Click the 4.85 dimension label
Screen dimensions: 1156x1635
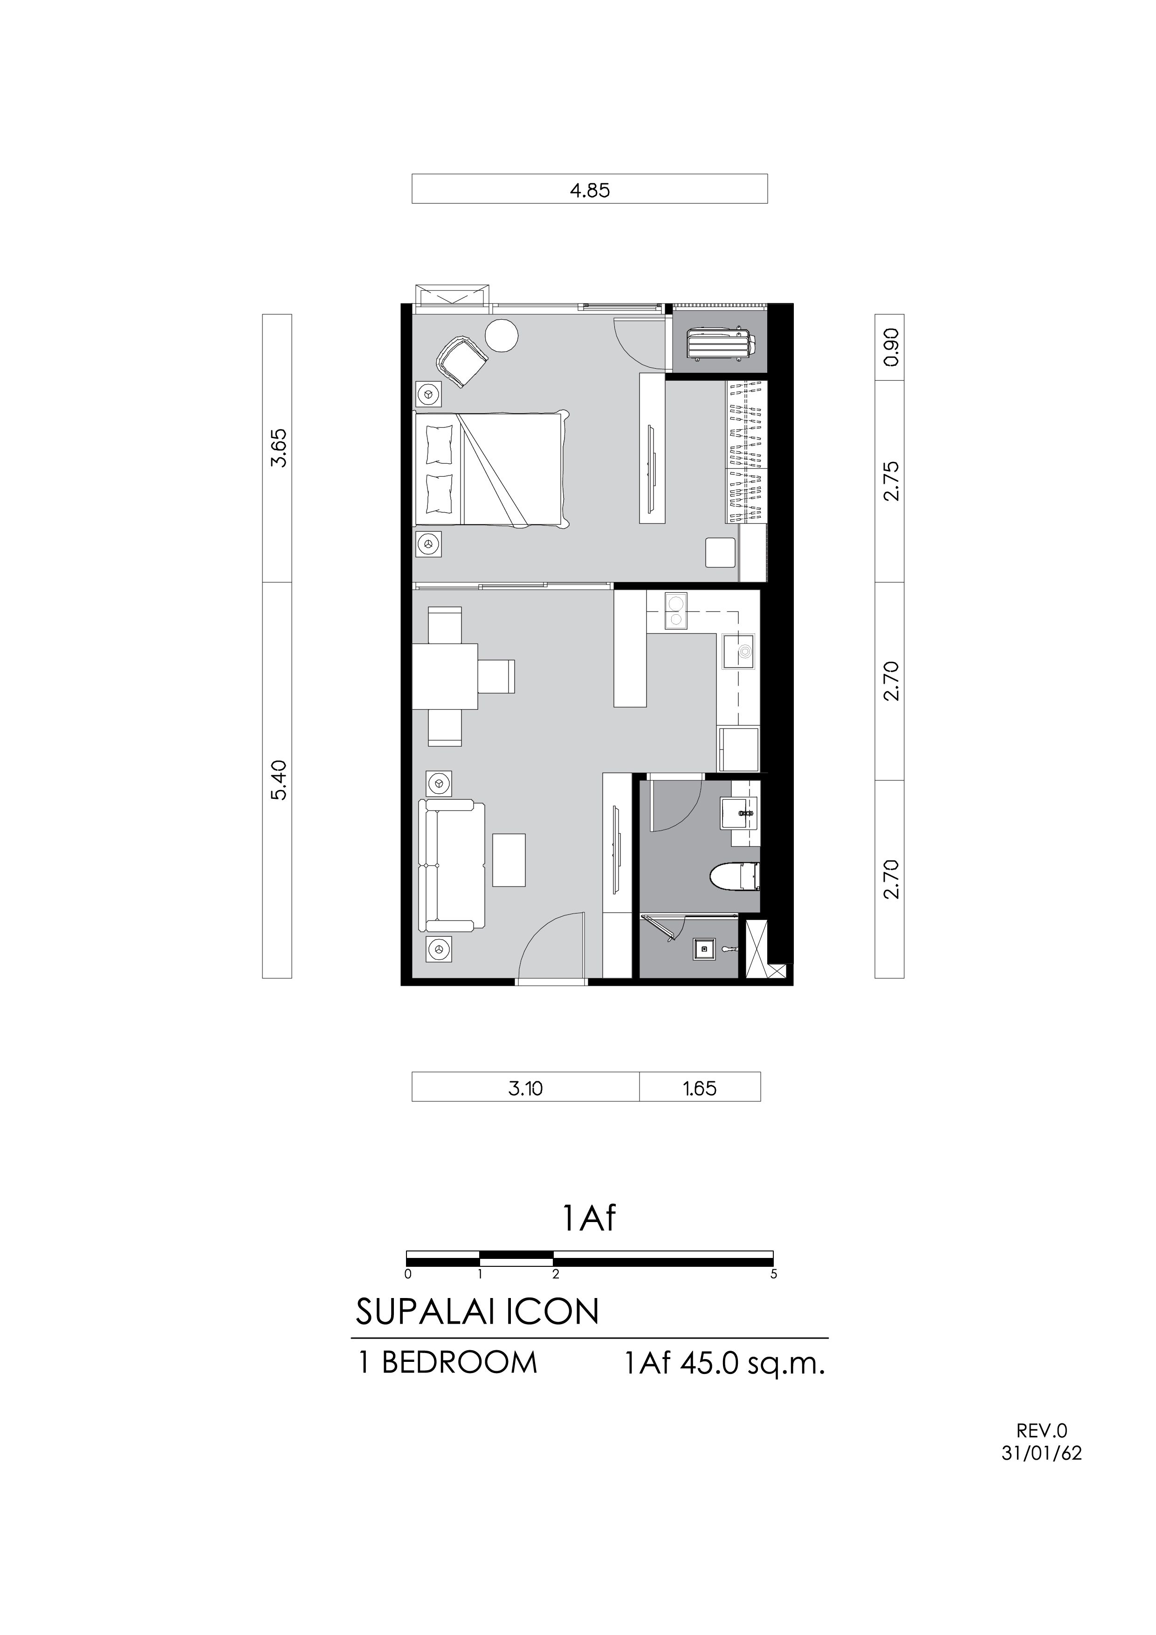point(590,190)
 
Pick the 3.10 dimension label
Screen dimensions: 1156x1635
point(526,1089)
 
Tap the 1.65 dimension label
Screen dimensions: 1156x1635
point(700,1089)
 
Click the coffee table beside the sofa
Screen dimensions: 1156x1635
point(509,860)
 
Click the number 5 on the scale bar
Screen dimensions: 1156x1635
point(773,1274)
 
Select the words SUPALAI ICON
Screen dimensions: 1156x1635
point(477,1312)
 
